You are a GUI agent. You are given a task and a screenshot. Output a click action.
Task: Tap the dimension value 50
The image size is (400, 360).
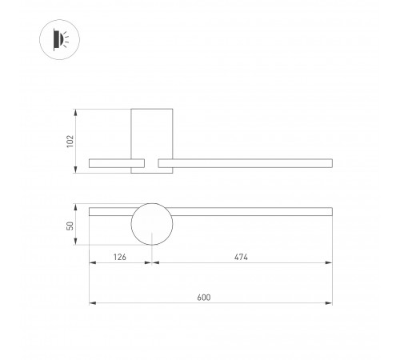point(70,226)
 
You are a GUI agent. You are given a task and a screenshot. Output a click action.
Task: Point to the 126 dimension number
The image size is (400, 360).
point(119,258)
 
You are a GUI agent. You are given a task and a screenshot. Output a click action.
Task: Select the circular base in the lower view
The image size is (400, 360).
point(152,225)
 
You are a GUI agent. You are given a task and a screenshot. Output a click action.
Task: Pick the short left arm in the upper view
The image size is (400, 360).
point(110,164)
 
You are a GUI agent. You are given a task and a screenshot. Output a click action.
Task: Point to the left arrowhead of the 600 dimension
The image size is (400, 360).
point(91,303)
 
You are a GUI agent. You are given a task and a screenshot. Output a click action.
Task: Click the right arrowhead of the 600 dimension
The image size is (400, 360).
point(330,303)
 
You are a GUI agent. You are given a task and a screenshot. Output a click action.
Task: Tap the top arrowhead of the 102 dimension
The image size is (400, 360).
point(77,110)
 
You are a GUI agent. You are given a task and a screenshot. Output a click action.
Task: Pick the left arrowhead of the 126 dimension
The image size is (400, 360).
point(91,264)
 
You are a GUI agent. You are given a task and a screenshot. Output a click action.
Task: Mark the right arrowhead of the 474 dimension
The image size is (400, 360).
point(330,264)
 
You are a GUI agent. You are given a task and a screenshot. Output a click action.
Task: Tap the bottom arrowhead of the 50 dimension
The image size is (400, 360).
point(77,243)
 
